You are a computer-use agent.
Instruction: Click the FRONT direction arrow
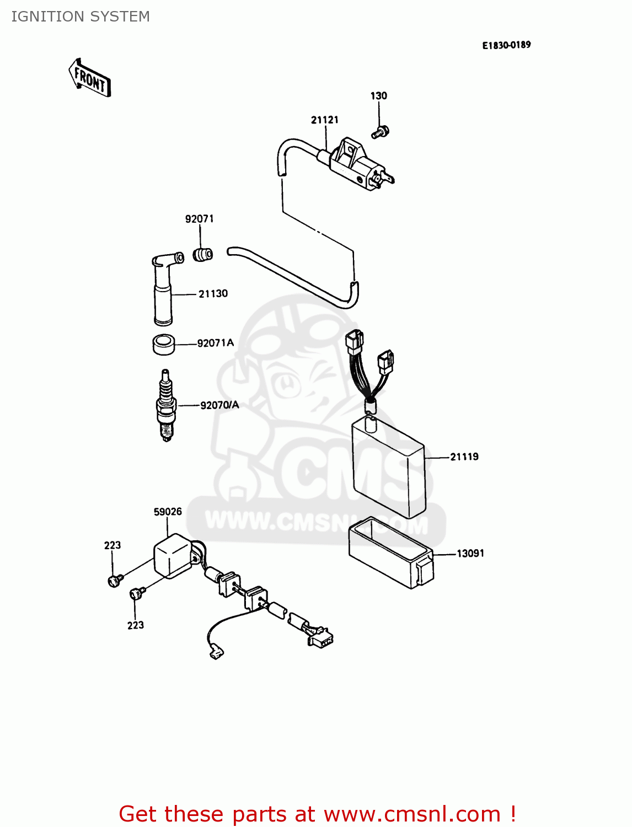click(90, 78)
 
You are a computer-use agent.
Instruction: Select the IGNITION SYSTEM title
click(81, 17)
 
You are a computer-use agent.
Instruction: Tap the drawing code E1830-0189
click(506, 45)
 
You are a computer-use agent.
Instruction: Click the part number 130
click(378, 96)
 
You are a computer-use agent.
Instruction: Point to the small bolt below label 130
click(380, 132)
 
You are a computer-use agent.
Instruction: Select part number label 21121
click(325, 120)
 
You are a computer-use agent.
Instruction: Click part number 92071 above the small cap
click(199, 219)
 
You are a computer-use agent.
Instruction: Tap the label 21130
click(213, 294)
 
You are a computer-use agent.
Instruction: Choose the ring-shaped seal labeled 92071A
click(163, 345)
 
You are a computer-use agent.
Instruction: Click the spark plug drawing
click(165, 405)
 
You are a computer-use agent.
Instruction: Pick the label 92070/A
click(219, 405)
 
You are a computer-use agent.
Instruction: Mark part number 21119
click(464, 457)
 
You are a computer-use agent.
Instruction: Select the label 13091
click(470, 553)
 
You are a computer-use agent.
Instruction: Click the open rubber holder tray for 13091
click(391, 552)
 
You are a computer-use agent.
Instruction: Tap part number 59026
click(168, 512)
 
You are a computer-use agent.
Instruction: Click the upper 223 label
click(113, 545)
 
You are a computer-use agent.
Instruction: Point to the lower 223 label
click(136, 625)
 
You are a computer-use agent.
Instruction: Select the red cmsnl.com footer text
click(317, 814)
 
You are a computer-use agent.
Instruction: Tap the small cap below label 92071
click(202, 255)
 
